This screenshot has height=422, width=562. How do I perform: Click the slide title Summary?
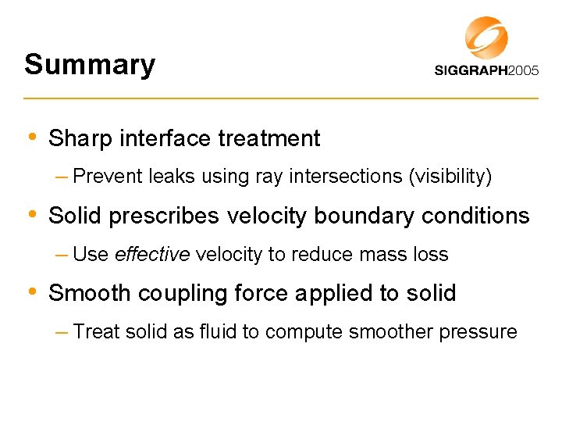click(90, 64)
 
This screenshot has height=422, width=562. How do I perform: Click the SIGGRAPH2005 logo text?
click(486, 70)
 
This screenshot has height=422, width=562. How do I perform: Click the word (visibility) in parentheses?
click(450, 177)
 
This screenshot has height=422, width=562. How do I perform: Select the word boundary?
click(367, 216)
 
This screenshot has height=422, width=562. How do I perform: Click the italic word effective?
click(151, 255)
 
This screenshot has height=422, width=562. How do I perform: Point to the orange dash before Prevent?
click(61, 177)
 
